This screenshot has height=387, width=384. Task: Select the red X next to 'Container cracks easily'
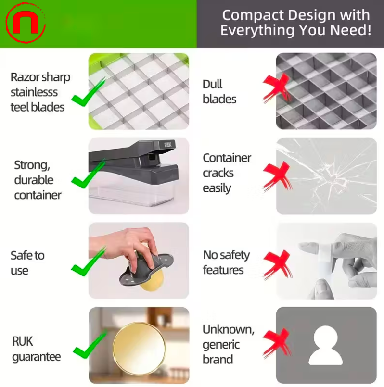tap(276, 175)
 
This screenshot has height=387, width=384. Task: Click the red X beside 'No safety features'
tap(277, 264)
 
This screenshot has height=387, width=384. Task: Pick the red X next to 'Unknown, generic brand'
tap(276, 342)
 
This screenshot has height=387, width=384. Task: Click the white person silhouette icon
tap(325, 345)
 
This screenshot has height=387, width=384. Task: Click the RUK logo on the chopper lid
tap(168, 145)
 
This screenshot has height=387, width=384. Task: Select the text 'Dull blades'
tap(219, 92)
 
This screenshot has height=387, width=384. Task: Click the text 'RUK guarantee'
tap(37, 349)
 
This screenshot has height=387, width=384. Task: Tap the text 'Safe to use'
tap(27, 263)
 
